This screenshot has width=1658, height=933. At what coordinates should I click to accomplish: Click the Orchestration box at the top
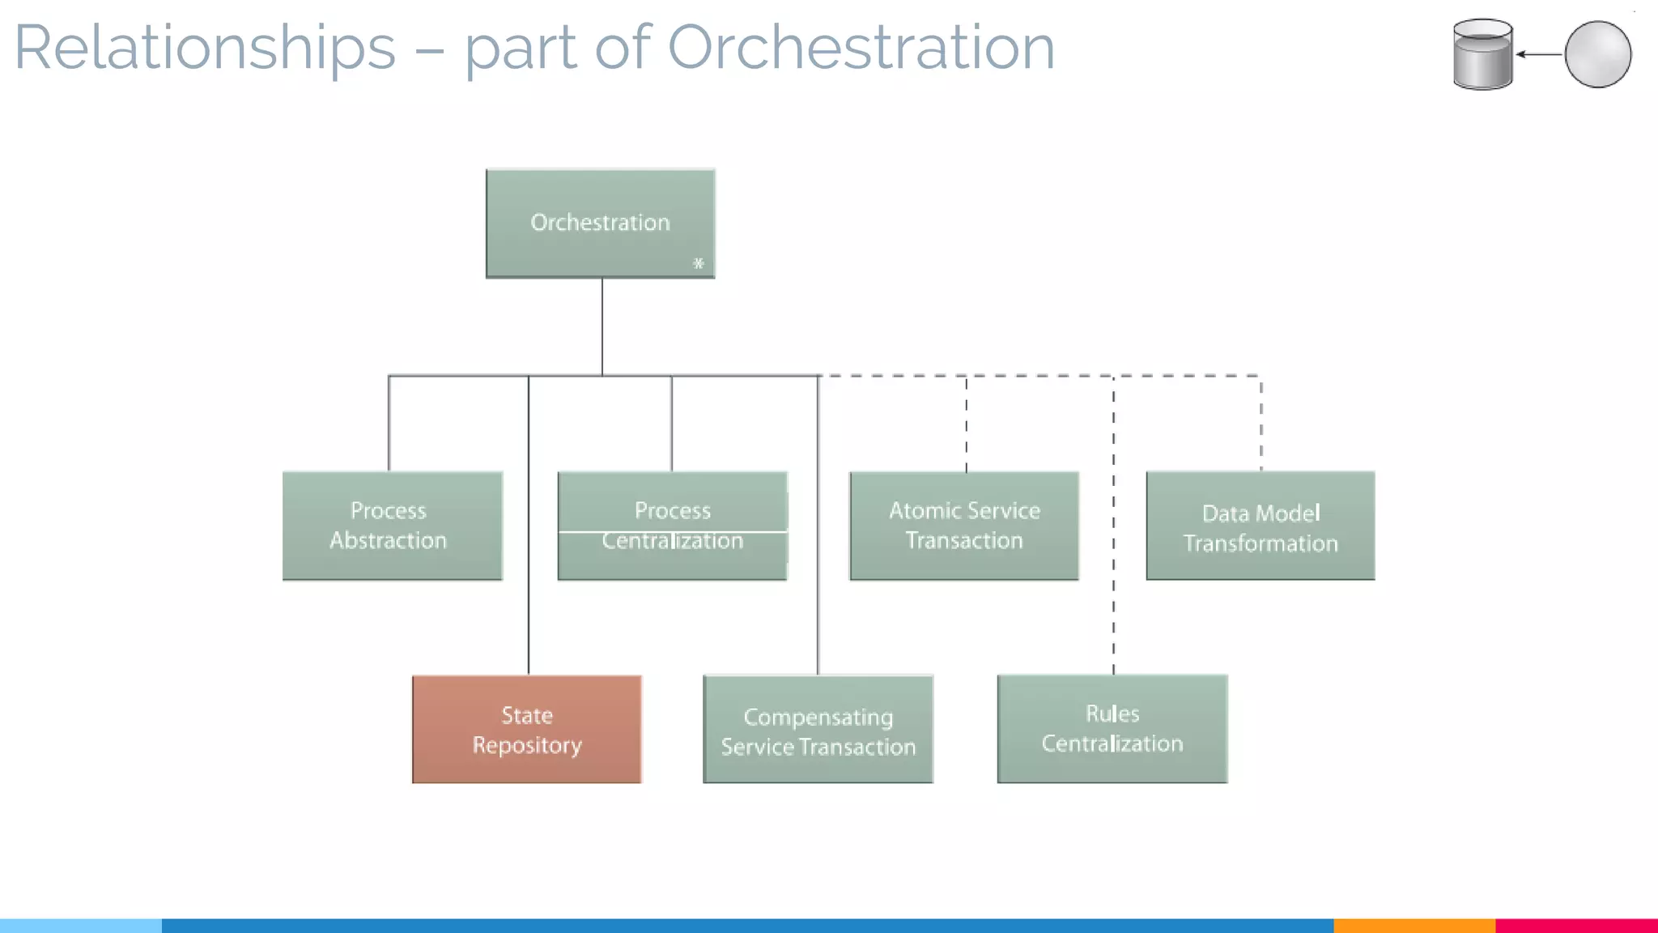600,224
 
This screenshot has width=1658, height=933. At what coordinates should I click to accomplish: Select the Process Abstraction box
393,526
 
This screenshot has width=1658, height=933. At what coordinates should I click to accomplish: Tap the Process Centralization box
672,526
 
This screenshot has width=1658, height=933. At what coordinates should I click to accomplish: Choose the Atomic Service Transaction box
964,526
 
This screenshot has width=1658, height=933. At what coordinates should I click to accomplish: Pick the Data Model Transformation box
1261,526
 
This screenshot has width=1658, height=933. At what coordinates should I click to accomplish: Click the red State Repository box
527,730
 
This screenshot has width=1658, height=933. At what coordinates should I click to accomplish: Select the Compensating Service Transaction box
818,730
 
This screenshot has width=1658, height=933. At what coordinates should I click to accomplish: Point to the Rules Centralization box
1112,729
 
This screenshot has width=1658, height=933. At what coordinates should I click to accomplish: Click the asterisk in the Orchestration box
699,263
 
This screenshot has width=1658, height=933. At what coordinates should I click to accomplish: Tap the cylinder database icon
1482,54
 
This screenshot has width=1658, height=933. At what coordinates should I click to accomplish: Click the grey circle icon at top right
1597,54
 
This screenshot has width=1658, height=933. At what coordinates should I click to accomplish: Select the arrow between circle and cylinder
1538,54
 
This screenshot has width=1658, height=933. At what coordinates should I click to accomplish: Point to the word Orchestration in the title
861,47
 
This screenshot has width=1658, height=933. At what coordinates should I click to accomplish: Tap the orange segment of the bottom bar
1414,925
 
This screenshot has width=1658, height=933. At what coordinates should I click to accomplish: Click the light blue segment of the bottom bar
80,925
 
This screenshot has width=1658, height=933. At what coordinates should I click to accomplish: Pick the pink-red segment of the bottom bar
1576,925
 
